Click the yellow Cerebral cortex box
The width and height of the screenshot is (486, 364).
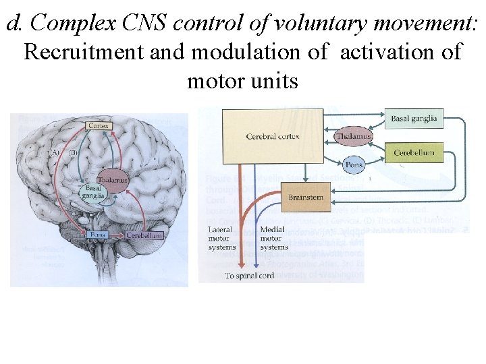(273, 137)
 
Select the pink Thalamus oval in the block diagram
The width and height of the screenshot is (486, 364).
(353, 136)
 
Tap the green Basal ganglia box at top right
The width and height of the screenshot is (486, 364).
(414, 119)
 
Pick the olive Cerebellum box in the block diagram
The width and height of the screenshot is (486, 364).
(414, 152)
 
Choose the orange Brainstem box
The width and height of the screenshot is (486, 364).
(306, 198)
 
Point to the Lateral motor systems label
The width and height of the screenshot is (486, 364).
(222, 239)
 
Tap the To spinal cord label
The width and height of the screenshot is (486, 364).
(250, 276)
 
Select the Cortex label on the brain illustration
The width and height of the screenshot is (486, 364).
(99, 125)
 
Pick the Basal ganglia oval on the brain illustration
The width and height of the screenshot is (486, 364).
(93, 193)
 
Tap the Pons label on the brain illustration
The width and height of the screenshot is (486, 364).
(94, 235)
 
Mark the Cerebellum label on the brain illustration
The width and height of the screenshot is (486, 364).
(144, 235)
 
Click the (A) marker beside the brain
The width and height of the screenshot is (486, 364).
(55, 153)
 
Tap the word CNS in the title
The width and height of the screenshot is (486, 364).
(146, 23)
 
